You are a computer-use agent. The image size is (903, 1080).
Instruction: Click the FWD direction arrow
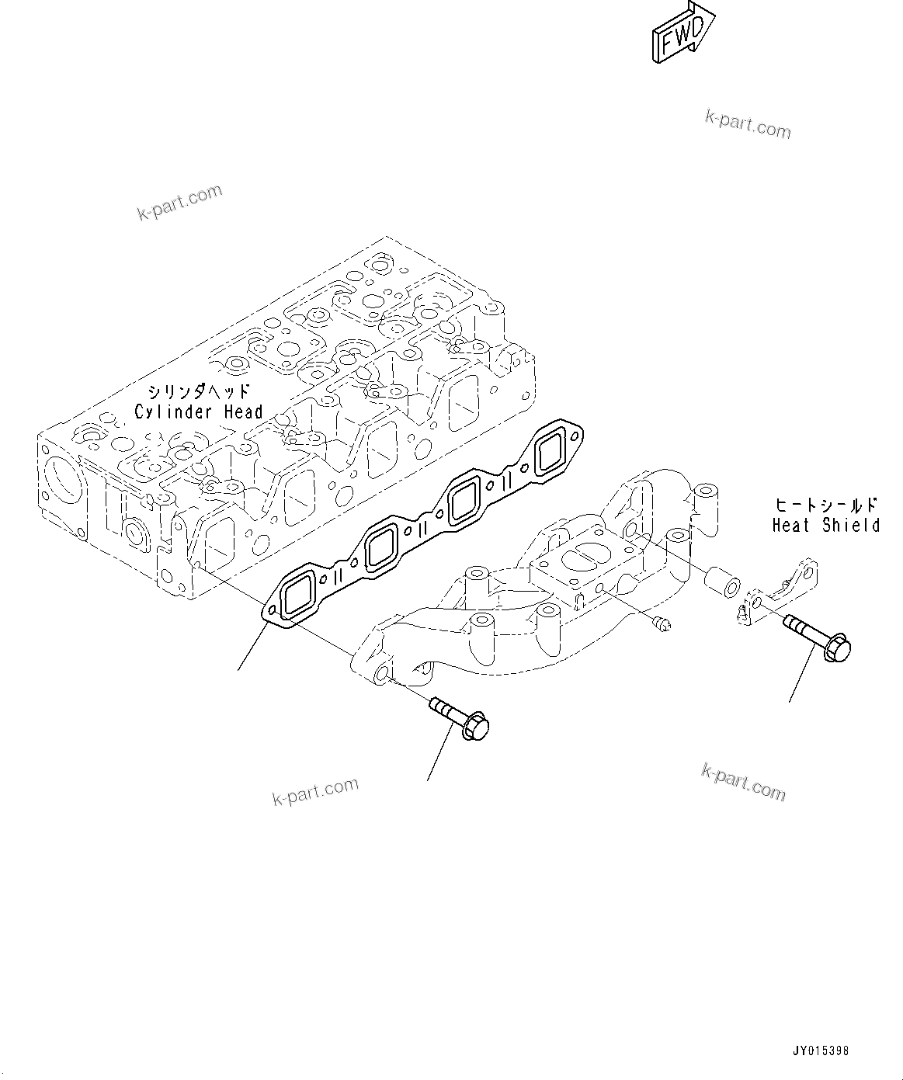[x=682, y=33]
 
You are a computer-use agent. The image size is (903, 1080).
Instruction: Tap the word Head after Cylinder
[x=244, y=412]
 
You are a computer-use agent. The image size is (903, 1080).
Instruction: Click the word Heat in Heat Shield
[x=791, y=526]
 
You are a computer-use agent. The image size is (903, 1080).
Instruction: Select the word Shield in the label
[x=852, y=526]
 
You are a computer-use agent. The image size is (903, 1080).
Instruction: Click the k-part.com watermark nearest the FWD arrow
[x=748, y=124]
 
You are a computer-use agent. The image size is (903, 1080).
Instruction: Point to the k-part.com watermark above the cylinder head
[x=180, y=202]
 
